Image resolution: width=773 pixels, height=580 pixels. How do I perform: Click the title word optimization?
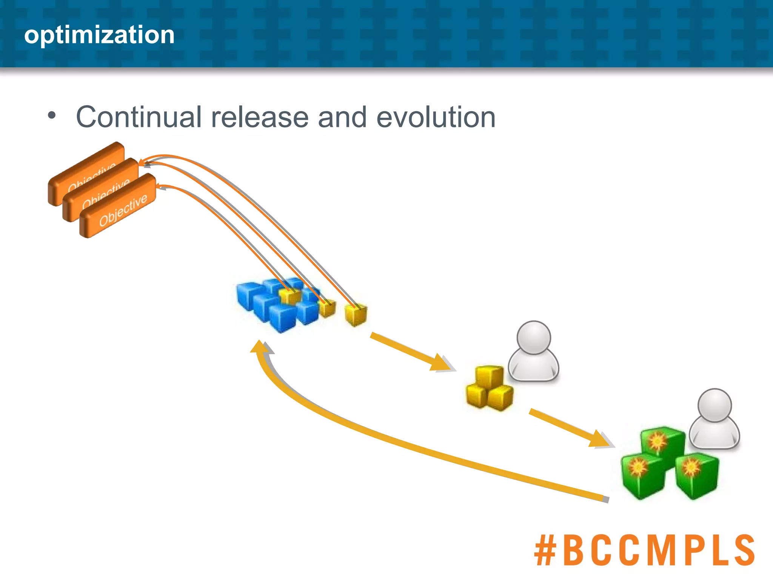pos(99,35)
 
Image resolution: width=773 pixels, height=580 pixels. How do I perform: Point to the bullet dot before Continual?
pos(52,115)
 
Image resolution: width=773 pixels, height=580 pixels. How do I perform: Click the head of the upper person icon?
pos(534,337)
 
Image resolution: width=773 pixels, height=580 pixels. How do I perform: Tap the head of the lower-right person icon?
pos(714,405)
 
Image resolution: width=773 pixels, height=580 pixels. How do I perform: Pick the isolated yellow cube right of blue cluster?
pos(356,315)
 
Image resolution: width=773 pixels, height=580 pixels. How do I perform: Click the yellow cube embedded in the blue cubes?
pos(290,296)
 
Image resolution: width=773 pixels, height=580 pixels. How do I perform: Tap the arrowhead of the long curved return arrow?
pos(260,346)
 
